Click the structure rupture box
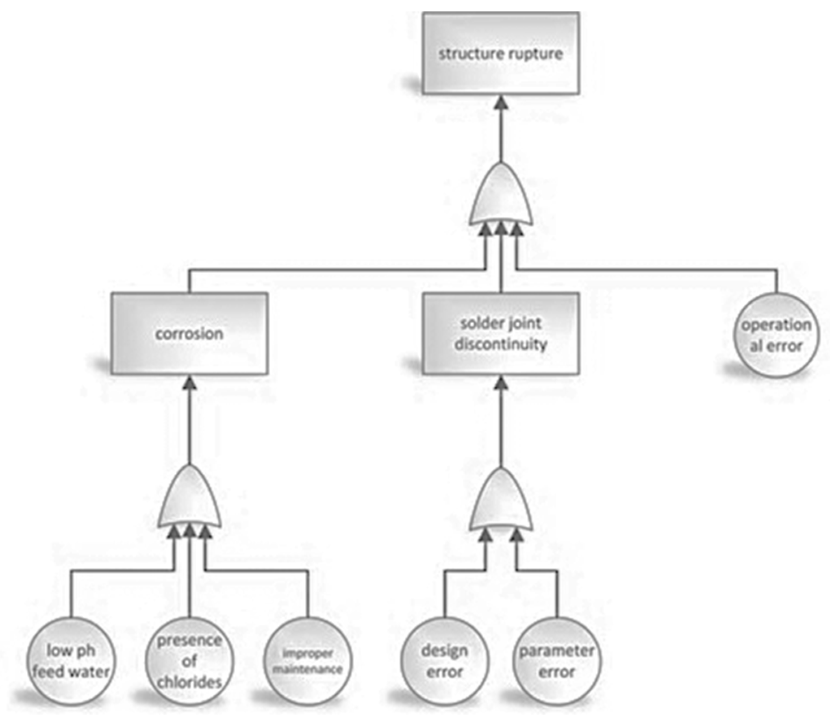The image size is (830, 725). click(x=500, y=53)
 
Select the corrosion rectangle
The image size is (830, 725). click(x=189, y=333)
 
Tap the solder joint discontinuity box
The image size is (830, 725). click(x=500, y=333)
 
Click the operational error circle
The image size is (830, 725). click(x=776, y=335)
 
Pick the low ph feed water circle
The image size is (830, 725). click(x=71, y=661)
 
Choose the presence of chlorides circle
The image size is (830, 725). click(x=189, y=661)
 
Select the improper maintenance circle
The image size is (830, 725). click(x=308, y=661)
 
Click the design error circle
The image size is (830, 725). click(x=444, y=661)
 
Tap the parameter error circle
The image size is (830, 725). click(x=556, y=661)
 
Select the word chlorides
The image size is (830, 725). click(x=189, y=681)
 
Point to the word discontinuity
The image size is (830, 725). click(x=501, y=344)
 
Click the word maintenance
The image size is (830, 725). click(x=308, y=669)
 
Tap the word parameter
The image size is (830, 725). click(x=556, y=651)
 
